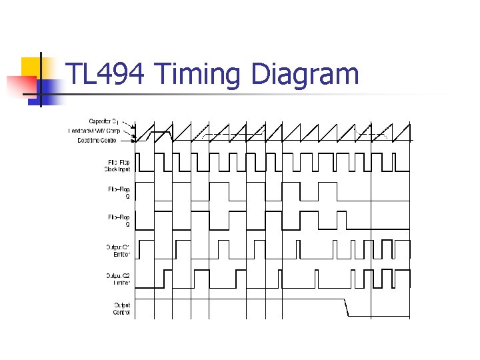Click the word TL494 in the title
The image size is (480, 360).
coord(107,74)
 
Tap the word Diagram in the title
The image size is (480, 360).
coord(304,75)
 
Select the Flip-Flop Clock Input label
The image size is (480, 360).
coord(117,165)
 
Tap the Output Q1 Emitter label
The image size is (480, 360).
coord(118,251)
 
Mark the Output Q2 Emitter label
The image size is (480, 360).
coord(118,279)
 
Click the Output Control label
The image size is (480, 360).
coord(121,309)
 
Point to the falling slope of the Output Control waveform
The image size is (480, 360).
coord(346,308)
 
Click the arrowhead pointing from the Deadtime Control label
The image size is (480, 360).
coord(135,140)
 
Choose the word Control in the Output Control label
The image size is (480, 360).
coord(121,312)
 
